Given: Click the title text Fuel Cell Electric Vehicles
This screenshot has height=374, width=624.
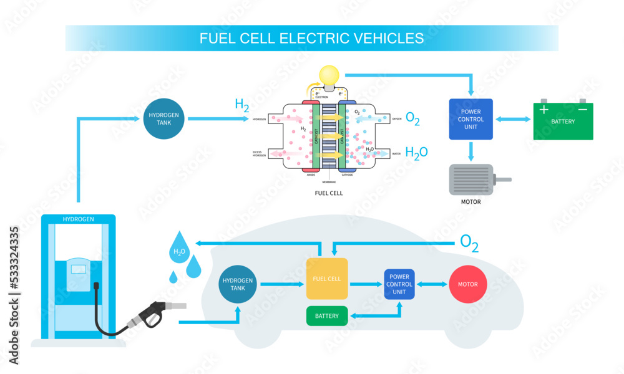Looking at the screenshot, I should click(311, 38).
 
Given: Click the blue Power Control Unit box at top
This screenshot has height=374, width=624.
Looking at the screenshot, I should click(471, 119).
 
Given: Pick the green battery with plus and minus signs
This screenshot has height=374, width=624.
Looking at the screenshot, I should click(563, 120).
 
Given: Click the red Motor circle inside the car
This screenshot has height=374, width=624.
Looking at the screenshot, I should click(468, 284).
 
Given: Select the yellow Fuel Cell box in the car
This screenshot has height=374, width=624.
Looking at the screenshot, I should click(327, 279).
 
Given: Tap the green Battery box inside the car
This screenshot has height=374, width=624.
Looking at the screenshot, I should click(327, 316).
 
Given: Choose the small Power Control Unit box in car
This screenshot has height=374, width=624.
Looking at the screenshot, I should click(399, 284).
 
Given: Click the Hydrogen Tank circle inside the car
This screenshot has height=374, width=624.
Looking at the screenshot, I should click(238, 284).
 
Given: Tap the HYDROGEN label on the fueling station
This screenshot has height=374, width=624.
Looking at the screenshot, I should click(79, 219).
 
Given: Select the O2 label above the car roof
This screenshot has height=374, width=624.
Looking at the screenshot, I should click(469, 242).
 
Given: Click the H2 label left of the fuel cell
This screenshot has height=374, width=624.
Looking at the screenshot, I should click(241, 105).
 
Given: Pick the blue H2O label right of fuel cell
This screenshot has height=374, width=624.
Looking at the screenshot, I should click(416, 152).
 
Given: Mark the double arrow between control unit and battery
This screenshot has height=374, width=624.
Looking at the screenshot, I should click(512, 119).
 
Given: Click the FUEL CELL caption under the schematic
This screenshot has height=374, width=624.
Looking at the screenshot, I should click(328, 193).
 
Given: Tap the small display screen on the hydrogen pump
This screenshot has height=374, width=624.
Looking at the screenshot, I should click(79, 269).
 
